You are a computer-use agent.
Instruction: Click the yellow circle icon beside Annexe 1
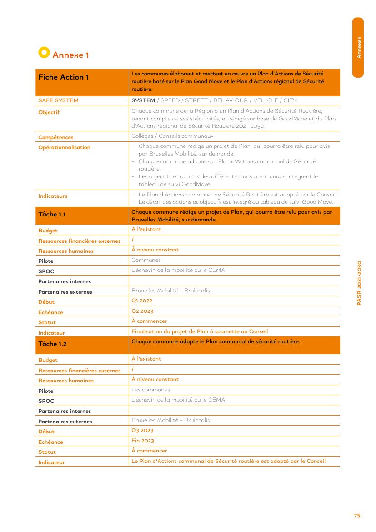pos(44,52)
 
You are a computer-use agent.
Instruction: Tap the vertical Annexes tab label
pos(359,47)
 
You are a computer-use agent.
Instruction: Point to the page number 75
pos(357,516)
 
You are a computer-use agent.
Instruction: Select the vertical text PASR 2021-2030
pos(359,283)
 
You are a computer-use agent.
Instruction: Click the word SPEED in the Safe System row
pos(170,100)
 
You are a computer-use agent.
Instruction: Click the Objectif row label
pos(49,112)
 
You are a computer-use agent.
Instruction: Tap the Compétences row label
pos(56,137)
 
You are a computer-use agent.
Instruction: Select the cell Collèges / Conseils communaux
pos(172,136)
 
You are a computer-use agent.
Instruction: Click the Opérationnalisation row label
pos(65,147)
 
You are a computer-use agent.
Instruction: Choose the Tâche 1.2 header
pos(52,344)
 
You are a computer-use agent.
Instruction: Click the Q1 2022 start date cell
pos(142,301)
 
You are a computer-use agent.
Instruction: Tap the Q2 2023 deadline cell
pos(142,311)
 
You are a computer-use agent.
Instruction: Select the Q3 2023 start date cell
pos(142,431)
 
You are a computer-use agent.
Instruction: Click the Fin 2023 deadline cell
pos(143,441)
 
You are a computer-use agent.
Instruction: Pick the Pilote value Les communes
pos(150,390)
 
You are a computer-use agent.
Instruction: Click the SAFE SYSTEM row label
pos(58,100)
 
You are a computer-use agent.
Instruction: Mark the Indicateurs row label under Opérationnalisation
pos(53,196)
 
